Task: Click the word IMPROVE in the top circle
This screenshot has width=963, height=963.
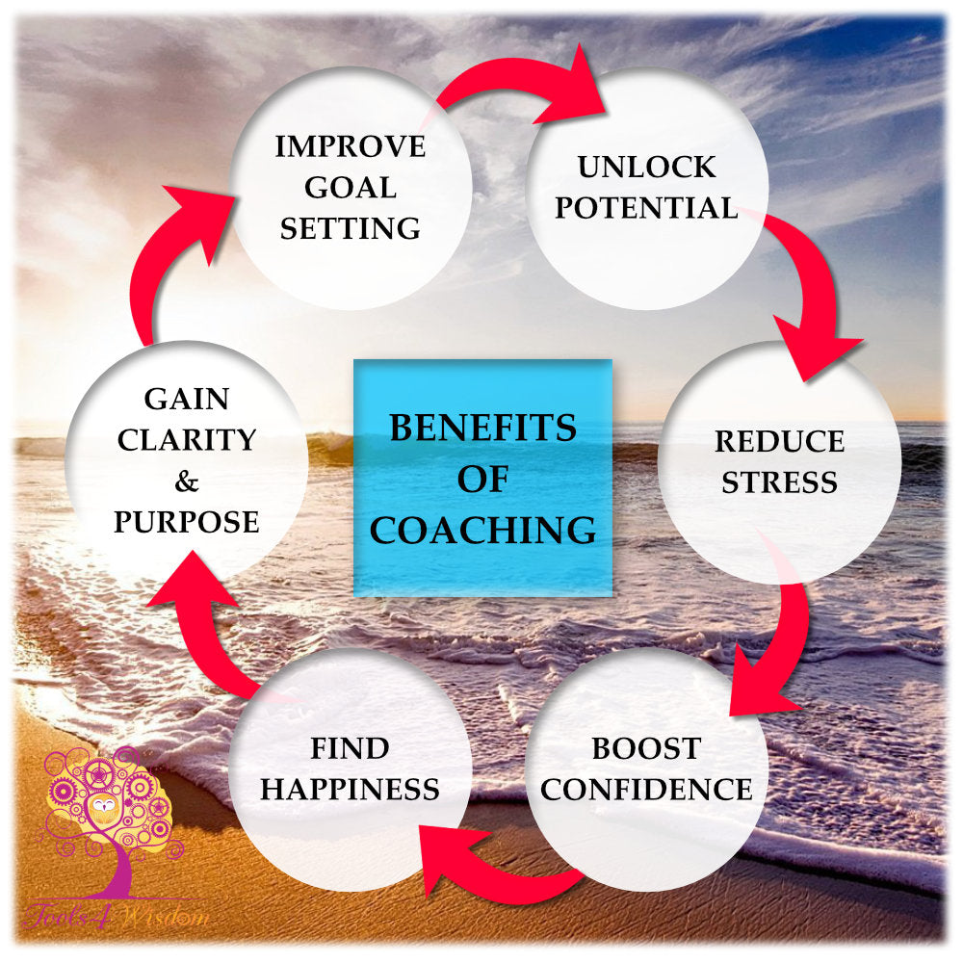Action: (x=350, y=146)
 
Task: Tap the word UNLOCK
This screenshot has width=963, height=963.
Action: (x=646, y=167)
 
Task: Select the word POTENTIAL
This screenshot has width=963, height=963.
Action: (x=646, y=207)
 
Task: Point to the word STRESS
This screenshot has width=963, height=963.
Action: (x=779, y=481)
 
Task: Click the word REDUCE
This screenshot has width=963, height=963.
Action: (x=779, y=441)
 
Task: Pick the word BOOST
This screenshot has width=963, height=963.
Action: (x=646, y=748)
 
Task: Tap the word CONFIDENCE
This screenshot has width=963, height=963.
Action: (x=646, y=790)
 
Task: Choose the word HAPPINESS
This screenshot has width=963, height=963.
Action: (x=350, y=790)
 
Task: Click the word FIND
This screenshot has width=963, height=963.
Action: (x=350, y=748)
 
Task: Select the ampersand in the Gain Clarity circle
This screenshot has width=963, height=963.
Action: (x=186, y=481)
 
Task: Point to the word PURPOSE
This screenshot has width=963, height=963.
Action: (x=186, y=522)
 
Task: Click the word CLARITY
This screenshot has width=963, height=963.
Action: (x=186, y=439)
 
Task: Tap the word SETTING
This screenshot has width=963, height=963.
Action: (x=350, y=229)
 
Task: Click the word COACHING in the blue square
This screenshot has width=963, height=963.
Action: (x=482, y=531)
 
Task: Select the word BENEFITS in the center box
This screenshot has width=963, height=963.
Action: (x=482, y=427)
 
